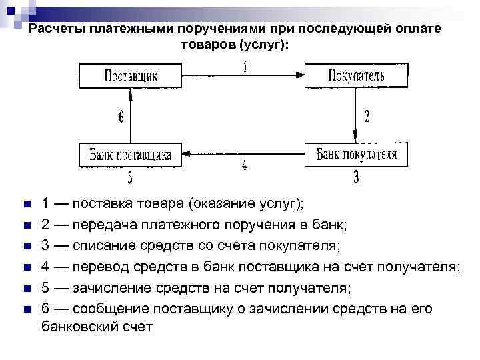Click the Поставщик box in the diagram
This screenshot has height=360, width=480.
click(131, 75)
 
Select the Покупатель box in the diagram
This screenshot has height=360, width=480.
click(355, 75)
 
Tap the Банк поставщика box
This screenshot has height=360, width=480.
click(131, 155)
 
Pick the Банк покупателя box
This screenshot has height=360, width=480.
click(356, 155)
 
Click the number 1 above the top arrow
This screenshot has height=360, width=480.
click(245, 67)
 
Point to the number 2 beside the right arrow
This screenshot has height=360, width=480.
click(367, 116)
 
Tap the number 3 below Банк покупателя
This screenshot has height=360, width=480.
click(356, 177)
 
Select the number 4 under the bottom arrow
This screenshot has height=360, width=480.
click(244, 165)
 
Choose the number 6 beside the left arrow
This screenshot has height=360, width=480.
click(121, 117)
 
